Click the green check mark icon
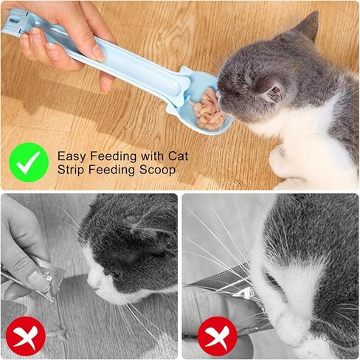point(30,162)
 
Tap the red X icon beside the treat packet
point(25,336)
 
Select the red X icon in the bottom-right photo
point(217,336)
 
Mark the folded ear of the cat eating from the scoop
point(269,89)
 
